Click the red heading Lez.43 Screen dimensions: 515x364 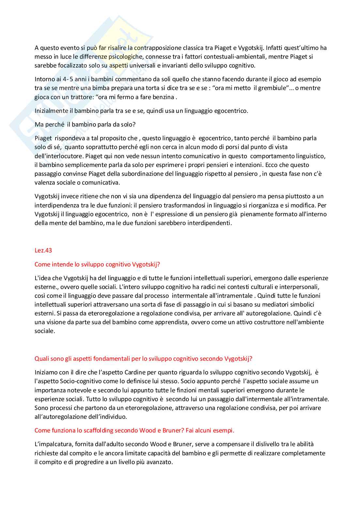click(x=43, y=250)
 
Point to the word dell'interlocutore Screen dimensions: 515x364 click(x=57, y=156)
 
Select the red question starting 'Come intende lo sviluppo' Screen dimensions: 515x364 click(x=97, y=265)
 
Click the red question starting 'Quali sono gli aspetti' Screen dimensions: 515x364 click(x=143, y=359)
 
